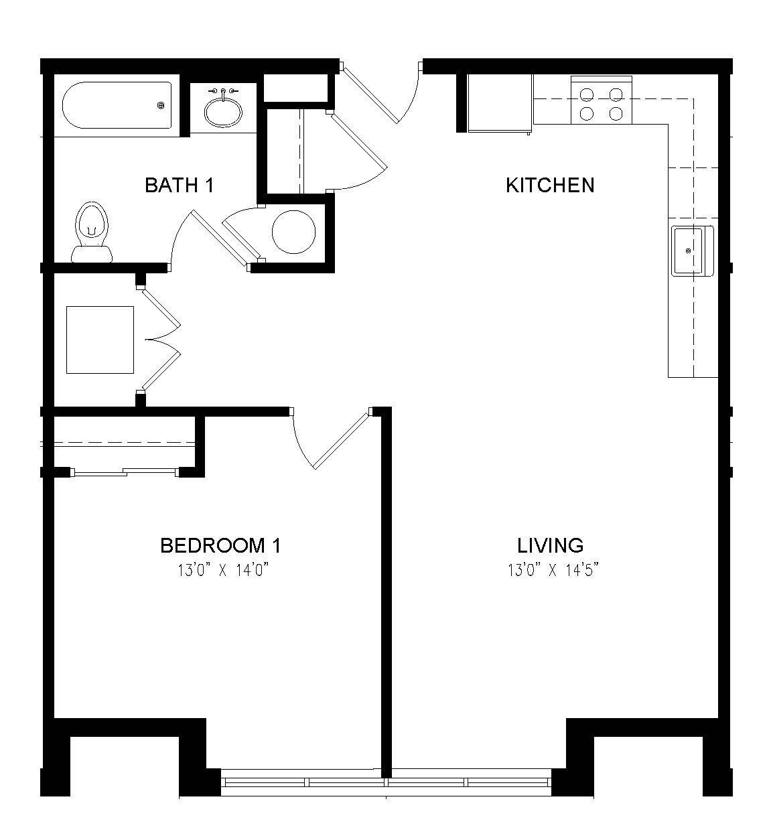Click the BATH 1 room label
(x=179, y=185)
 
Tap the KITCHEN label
(x=549, y=185)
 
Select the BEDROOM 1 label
(x=220, y=545)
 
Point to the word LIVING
(x=550, y=545)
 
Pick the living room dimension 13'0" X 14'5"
(x=553, y=571)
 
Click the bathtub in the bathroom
(x=117, y=106)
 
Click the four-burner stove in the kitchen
(x=601, y=100)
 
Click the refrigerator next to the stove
(x=500, y=104)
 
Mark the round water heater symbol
(x=293, y=231)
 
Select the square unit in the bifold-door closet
(x=100, y=340)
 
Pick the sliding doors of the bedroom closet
(x=125, y=472)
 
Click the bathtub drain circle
(x=161, y=106)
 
